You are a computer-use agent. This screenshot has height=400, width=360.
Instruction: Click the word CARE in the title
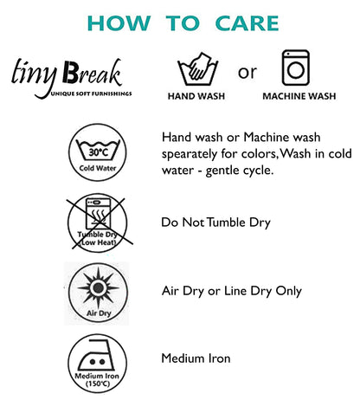point(247,23)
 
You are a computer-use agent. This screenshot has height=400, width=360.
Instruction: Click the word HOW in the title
point(119,23)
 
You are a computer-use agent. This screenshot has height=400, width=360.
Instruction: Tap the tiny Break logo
point(71,78)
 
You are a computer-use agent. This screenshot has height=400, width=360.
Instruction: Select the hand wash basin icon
point(197,69)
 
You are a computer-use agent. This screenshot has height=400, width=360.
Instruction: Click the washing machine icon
point(296,68)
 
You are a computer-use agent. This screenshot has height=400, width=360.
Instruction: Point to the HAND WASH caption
point(196,96)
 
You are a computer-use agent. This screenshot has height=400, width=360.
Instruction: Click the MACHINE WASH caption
point(299,96)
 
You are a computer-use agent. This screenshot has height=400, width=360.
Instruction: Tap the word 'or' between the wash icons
point(247,73)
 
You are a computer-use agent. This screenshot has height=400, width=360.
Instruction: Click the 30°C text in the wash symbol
point(98,152)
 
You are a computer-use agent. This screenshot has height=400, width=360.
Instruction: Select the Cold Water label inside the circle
point(98,168)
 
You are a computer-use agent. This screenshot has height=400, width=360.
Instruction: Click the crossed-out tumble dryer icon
point(99,223)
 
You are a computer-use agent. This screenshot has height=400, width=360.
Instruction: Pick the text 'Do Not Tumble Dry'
point(215,223)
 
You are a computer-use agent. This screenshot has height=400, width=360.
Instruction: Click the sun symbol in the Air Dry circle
point(98,287)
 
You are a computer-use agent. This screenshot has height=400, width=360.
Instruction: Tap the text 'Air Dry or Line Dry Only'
point(232,291)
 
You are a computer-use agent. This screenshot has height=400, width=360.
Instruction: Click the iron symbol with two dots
point(97,355)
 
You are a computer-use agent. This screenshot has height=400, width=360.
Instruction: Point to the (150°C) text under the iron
point(98,384)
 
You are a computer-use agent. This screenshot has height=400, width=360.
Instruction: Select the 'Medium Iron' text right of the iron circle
point(196,358)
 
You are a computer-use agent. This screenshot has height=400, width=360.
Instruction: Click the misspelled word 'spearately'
point(190,154)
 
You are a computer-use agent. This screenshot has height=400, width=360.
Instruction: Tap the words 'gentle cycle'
point(240,171)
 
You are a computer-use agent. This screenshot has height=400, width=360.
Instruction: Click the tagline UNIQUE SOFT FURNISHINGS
point(92,94)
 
